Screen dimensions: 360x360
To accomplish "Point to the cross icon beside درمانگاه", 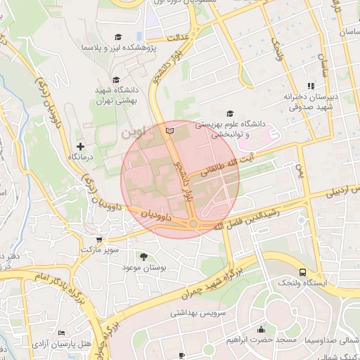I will click(81, 146).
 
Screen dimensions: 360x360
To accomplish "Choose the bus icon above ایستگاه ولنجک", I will click(302, 271).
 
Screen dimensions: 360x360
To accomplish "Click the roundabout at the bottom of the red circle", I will click(193, 224).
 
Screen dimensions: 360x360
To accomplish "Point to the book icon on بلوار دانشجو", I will click(167, 131).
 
